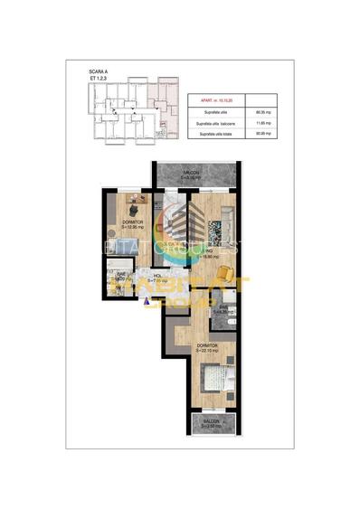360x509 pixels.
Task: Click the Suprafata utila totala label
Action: point(211,134)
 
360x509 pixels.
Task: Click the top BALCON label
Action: point(191,174)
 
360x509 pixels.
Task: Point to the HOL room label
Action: point(156,278)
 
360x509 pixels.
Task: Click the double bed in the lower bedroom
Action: point(213,377)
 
